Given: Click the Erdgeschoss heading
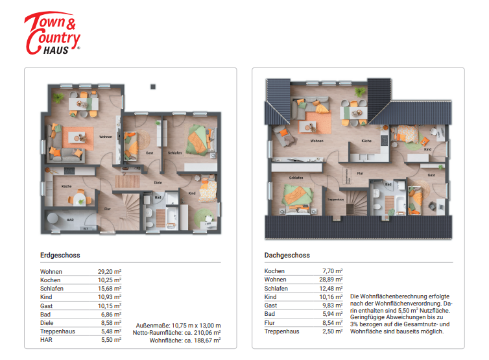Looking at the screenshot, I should (x=60, y=256).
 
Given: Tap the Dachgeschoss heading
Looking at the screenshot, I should (x=287, y=256).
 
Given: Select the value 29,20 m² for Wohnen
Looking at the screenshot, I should (x=110, y=271).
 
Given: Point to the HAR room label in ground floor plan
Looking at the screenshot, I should (x=70, y=220).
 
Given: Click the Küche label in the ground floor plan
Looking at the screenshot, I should (x=66, y=186).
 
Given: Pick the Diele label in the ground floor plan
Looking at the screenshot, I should (x=157, y=182).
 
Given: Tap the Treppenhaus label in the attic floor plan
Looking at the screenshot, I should (x=335, y=200).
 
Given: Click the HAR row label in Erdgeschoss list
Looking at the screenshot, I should (x=46, y=339).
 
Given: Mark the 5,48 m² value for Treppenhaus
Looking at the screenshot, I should (x=110, y=331).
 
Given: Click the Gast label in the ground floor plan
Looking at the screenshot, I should (x=149, y=152).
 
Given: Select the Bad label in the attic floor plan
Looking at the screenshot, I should (x=388, y=184).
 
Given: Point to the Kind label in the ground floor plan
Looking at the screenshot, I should (x=193, y=193).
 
